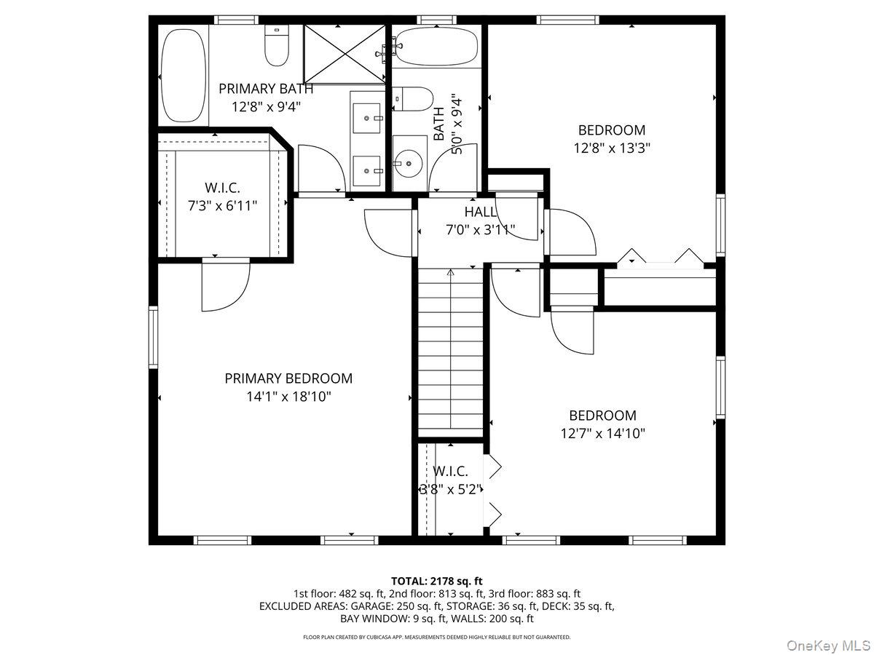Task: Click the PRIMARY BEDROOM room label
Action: pyautogui.click(x=288, y=378)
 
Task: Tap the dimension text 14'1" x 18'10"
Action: pyautogui.click(x=288, y=397)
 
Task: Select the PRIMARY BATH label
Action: pyautogui.click(x=266, y=89)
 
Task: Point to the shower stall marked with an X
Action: pyautogui.click(x=344, y=53)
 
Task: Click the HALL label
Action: pyautogui.click(x=481, y=213)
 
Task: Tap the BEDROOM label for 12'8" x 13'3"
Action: pyautogui.click(x=612, y=130)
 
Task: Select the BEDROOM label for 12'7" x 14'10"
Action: pyautogui.click(x=602, y=416)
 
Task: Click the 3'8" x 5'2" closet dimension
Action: pyautogui.click(x=452, y=490)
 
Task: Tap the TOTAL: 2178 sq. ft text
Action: pyautogui.click(x=437, y=581)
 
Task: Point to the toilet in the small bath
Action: pyautogui.click(x=413, y=98)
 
